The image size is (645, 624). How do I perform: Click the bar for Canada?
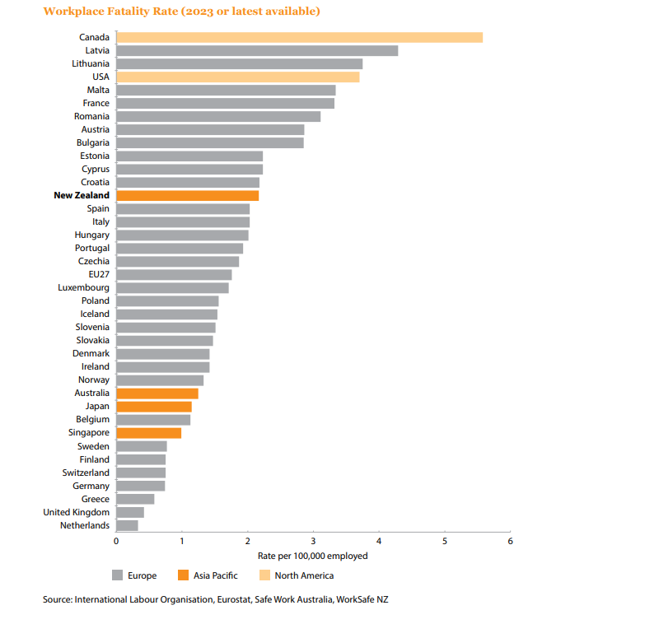coord(299,37)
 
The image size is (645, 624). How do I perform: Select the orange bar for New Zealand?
coord(188,195)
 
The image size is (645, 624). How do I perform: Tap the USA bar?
coord(237,77)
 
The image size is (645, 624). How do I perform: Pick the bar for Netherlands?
coord(127,525)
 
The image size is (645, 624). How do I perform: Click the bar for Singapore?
coord(148,433)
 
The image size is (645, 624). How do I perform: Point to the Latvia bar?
coord(257,50)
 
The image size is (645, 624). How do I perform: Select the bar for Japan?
coord(154,407)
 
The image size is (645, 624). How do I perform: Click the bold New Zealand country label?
coord(82,195)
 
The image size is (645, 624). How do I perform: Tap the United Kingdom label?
coord(76,512)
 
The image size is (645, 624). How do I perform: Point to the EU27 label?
coord(99,274)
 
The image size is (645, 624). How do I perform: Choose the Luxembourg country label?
coord(83,287)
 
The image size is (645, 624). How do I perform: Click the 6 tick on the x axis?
coord(511,541)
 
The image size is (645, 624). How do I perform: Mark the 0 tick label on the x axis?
coord(116,541)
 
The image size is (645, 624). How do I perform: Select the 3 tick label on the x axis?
coord(313,541)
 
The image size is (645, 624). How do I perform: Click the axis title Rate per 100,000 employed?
coord(313,556)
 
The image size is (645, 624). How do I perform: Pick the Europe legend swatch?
coord(117,575)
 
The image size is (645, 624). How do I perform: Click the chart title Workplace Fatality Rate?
coord(182,12)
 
